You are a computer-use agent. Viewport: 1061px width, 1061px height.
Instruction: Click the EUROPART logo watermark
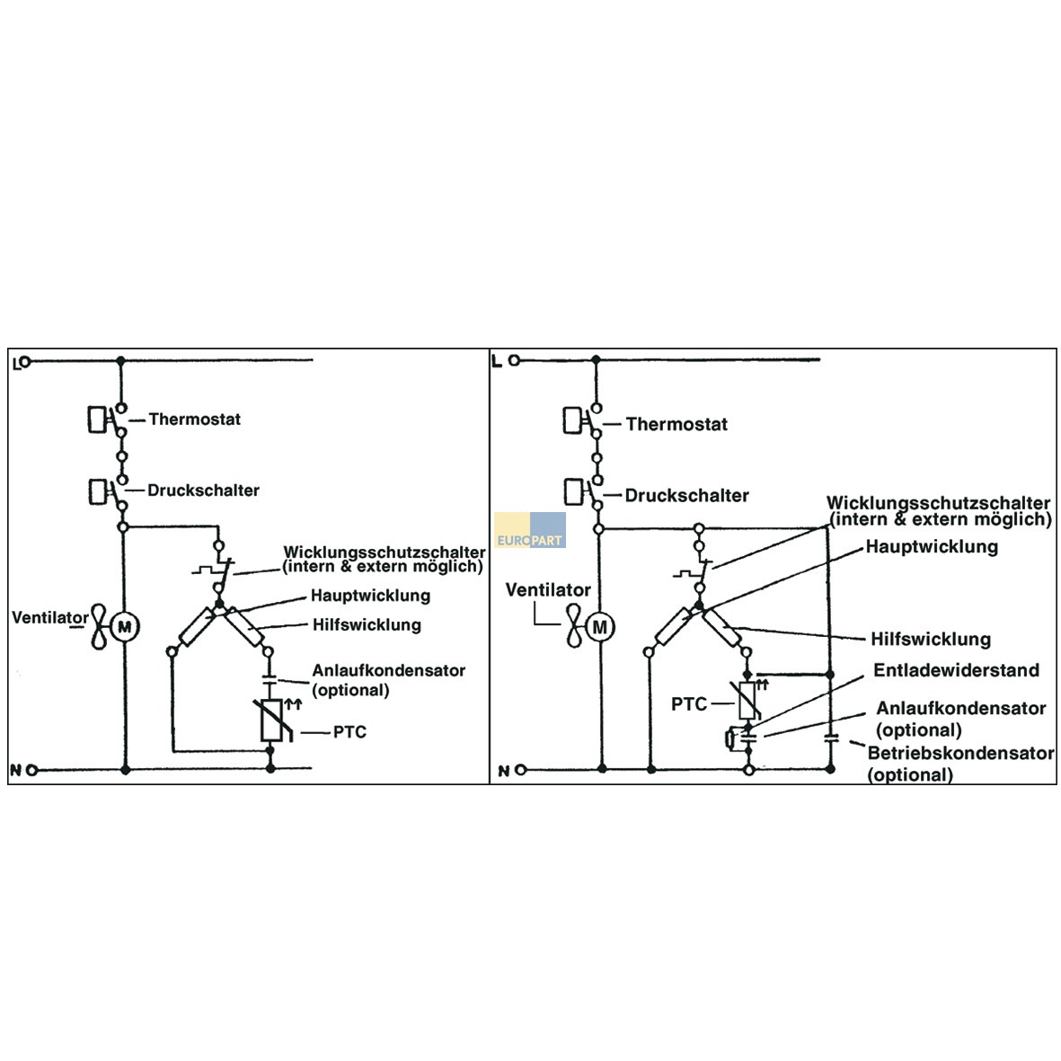tap(530, 530)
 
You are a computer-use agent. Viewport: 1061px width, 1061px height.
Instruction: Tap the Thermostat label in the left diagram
tap(195, 420)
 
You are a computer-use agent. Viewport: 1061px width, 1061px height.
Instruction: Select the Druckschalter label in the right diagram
tap(686, 495)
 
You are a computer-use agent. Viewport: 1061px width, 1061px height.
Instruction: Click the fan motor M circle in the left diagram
tap(125, 627)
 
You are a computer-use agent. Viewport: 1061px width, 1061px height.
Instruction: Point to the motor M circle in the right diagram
tap(599, 627)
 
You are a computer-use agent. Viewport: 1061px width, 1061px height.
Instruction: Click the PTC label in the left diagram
tap(349, 732)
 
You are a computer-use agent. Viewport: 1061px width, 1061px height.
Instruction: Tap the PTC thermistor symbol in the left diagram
tap(272, 721)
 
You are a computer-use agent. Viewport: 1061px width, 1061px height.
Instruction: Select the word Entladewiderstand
tap(956, 670)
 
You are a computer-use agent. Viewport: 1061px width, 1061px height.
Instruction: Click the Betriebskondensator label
tap(961, 753)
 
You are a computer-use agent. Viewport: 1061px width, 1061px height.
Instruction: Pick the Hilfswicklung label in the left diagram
tap(367, 624)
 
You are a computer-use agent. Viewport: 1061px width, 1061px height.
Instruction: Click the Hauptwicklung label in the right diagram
tap(932, 547)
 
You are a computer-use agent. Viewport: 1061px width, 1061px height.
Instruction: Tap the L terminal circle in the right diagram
tap(514, 360)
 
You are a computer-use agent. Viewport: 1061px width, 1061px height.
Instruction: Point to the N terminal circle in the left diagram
tap(31, 770)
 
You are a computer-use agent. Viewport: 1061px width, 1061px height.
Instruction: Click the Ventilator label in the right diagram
tap(548, 590)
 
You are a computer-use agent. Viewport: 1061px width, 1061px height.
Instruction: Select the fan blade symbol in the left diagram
tap(100, 627)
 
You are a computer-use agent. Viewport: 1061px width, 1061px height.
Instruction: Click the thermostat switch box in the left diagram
tap(97, 420)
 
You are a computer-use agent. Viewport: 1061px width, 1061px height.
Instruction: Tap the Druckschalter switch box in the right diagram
tap(573, 492)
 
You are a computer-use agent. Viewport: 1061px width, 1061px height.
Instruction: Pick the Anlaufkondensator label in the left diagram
tap(389, 671)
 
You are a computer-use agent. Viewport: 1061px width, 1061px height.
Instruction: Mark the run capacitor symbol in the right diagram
tap(831, 738)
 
